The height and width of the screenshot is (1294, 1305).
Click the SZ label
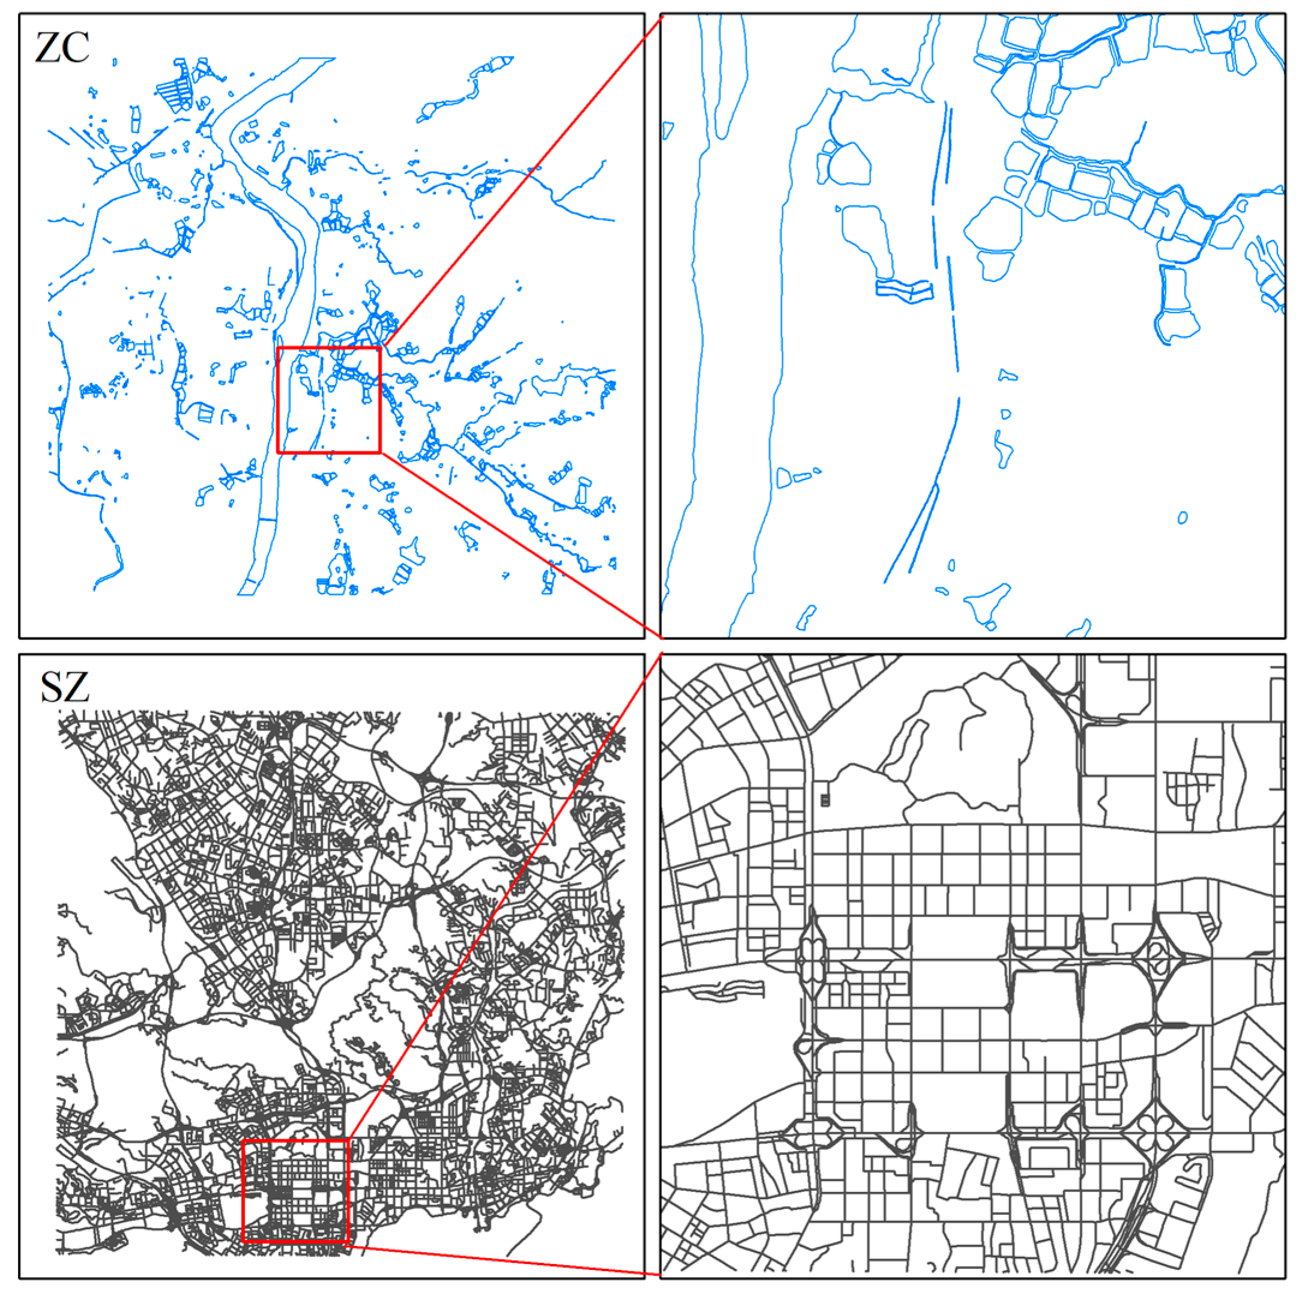tap(64, 688)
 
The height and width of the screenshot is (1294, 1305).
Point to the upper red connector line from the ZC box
tap(520, 182)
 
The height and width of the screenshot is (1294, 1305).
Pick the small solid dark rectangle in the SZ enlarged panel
tap(825, 800)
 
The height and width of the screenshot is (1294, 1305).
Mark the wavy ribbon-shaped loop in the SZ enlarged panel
tap(726, 992)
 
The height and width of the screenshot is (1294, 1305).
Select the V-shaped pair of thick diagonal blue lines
tap(912, 534)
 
